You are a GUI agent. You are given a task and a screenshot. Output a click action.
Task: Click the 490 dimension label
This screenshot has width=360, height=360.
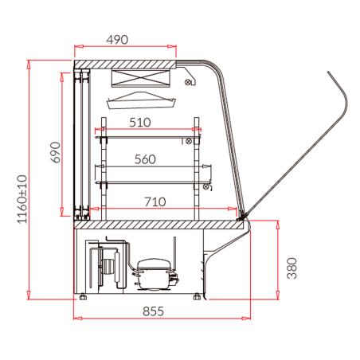pyautogui.click(x=117, y=40)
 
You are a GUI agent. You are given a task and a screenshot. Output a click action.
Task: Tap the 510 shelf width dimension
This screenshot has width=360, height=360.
pyautogui.click(x=140, y=123)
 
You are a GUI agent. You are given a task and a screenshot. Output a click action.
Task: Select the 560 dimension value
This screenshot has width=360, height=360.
pyautogui.click(x=145, y=159)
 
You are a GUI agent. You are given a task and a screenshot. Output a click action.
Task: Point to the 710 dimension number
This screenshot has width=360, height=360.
pyautogui.click(x=155, y=202)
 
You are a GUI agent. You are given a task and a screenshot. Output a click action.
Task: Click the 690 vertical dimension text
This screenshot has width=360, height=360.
pyautogui.click(x=56, y=152)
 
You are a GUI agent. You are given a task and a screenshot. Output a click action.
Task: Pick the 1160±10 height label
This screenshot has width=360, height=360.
pyautogui.click(x=22, y=199)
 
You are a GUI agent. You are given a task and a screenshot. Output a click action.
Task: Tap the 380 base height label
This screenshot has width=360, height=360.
pyautogui.click(x=292, y=268)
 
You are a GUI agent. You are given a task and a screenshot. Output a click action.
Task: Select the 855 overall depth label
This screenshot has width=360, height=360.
pyautogui.click(x=153, y=311)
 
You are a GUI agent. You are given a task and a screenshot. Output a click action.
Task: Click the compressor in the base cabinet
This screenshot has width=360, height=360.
pyautogui.click(x=154, y=274)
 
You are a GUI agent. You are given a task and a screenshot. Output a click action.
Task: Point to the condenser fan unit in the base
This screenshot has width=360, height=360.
pyautogui.click(x=106, y=265)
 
